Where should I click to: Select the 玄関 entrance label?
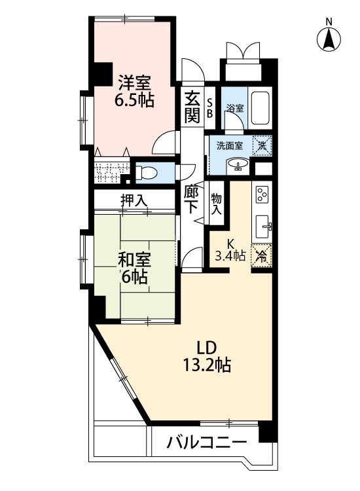[192, 107]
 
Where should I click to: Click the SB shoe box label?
[209, 108]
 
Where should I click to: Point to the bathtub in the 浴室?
[260, 108]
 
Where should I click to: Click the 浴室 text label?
[235, 109]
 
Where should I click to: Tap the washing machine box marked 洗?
[262, 145]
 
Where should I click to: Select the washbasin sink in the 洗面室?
[238, 164]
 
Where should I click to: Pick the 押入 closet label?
[134, 200]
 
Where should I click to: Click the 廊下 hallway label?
[191, 200]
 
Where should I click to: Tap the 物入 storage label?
[216, 204]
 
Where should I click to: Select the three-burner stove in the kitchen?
[262, 194]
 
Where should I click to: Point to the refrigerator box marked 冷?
[261, 255]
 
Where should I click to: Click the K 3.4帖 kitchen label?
[230, 250]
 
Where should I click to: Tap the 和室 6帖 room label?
[134, 268]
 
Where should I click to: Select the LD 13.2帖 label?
[207, 356]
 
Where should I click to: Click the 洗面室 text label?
[230, 145]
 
